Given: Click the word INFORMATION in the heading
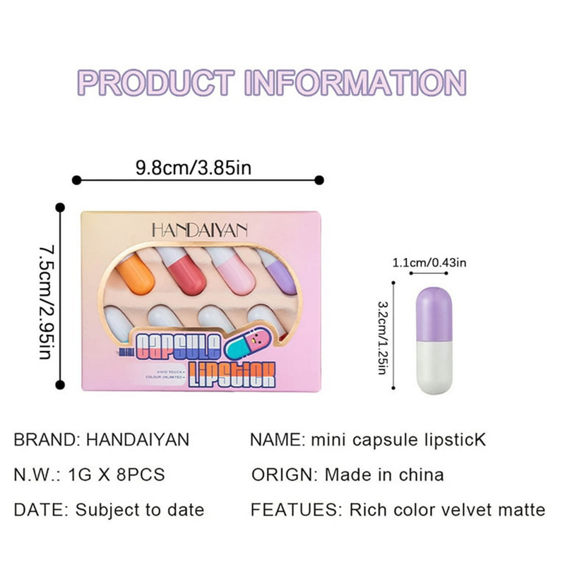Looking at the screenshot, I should click(355, 83).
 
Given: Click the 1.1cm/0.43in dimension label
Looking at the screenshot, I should click(429, 263).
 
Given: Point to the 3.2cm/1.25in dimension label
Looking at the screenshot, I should click(383, 338).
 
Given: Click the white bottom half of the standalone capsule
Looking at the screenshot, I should click(434, 368).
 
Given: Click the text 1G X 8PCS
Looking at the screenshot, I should click(116, 474).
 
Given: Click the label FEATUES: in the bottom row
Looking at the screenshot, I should click(292, 509).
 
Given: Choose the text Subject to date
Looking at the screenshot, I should click(140, 509).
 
